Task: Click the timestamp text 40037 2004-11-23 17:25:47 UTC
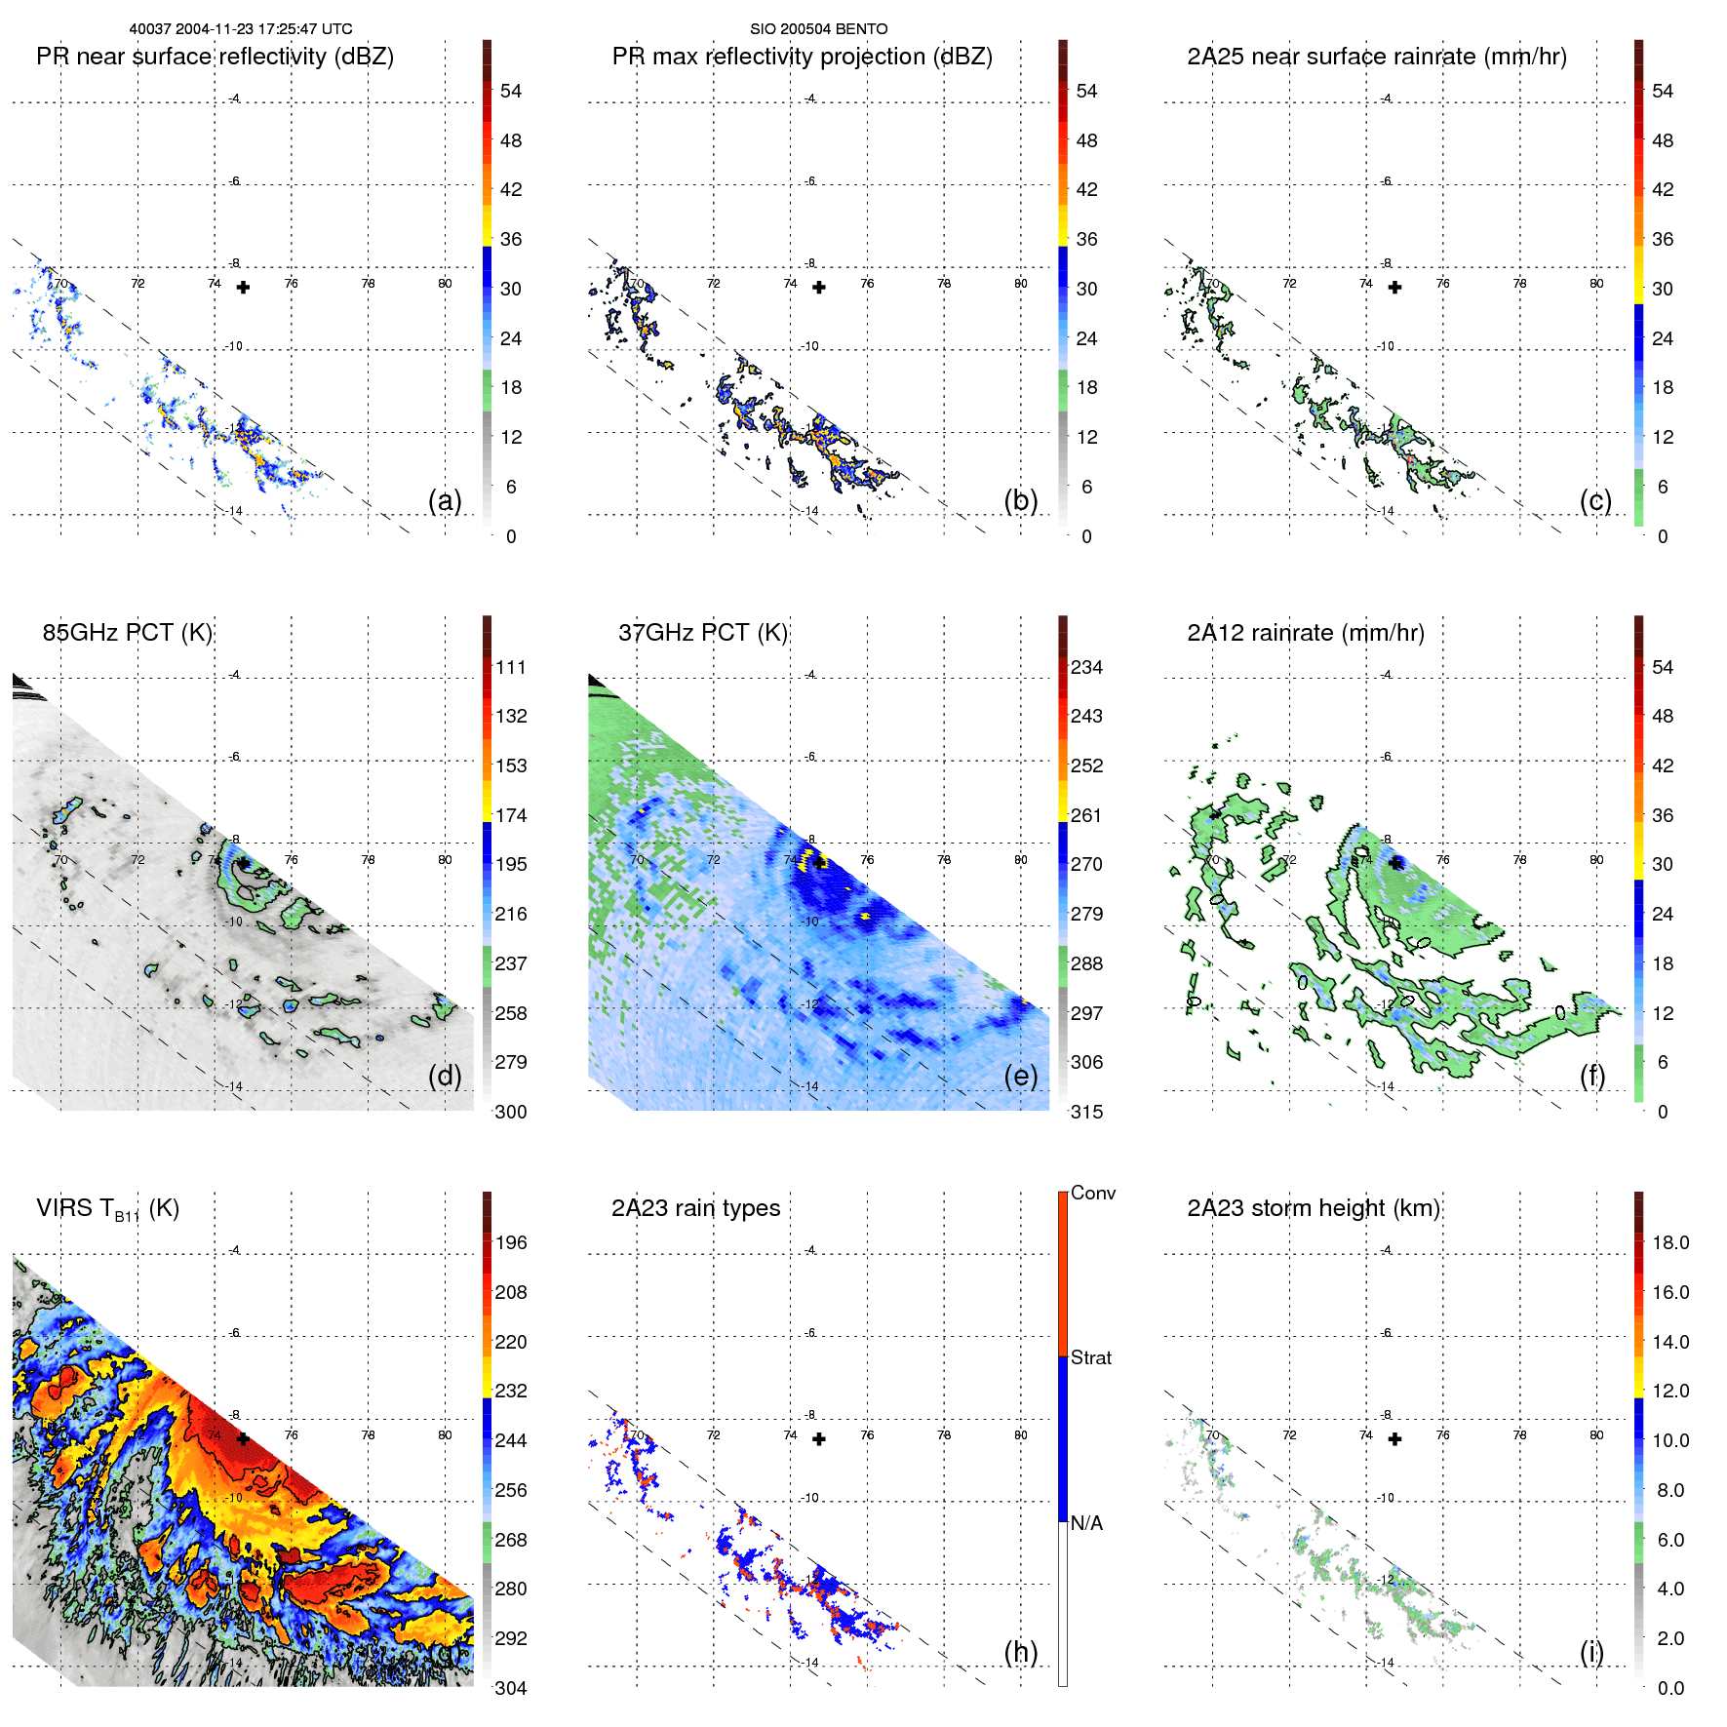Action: pyautogui.click(x=241, y=29)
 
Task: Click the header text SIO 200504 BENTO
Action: pyautogui.click(x=818, y=29)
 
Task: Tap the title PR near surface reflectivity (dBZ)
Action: pyautogui.click(x=215, y=57)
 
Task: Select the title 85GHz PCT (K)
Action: pyautogui.click(x=127, y=633)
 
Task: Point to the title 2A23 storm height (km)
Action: pyautogui.click(x=1313, y=1208)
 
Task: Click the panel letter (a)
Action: pyautogui.click(x=445, y=500)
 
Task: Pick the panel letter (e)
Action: pyautogui.click(x=1020, y=1076)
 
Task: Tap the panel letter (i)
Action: pyautogui.click(x=1591, y=1652)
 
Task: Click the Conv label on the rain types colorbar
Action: pyautogui.click(x=1093, y=1194)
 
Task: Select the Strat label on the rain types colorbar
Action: pyautogui.click(x=1091, y=1358)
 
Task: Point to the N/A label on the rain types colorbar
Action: pyautogui.click(x=1086, y=1523)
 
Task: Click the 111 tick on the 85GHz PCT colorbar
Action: pyautogui.click(x=511, y=668)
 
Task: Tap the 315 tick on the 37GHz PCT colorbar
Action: pyautogui.click(x=1086, y=1112)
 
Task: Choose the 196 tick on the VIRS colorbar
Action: pyautogui.click(x=511, y=1243)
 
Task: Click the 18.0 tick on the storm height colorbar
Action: pyautogui.click(x=1670, y=1243)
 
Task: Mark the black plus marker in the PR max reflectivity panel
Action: pyautogui.click(x=819, y=288)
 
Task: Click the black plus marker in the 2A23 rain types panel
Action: pyautogui.click(x=819, y=1439)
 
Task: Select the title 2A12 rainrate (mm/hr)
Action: pyautogui.click(x=1306, y=633)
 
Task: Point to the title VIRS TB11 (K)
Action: pyautogui.click(x=107, y=1209)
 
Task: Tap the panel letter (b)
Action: pyautogui.click(x=1020, y=500)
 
